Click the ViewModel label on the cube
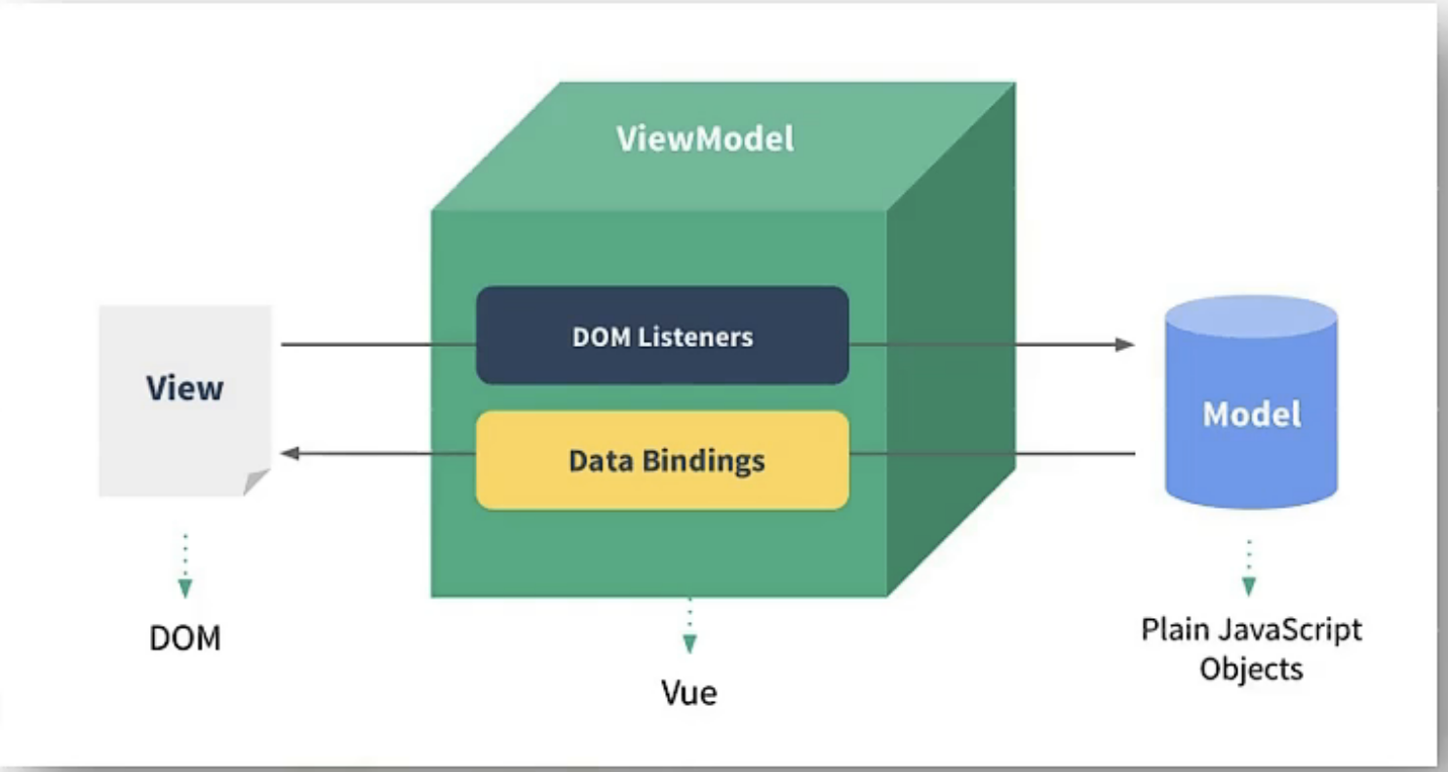coord(705,138)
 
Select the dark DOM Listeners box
coord(663,336)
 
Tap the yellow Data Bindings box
coord(663,461)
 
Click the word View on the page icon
coord(185,388)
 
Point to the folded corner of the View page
coord(254,482)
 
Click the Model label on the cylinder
coord(1251,414)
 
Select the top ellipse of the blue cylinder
coord(1251,317)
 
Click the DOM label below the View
coord(185,638)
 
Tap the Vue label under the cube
coord(689,692)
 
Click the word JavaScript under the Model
coord(1290,630)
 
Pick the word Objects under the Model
coord(1251,670)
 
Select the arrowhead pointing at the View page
coord(291,453)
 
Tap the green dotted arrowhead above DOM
coord(185,588)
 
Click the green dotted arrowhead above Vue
coord(689,643)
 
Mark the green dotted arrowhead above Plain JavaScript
coord(1249,586)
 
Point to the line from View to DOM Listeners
coord(378,344)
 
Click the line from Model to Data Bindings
coord(993,453)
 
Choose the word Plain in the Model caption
coord(1176,630)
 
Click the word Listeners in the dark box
coord(695,336)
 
